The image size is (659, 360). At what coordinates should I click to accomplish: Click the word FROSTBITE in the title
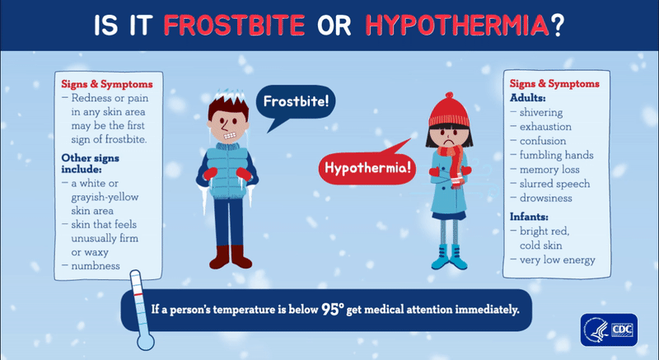click(x=234, y=26)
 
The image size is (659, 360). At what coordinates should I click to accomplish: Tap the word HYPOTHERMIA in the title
click(x=457, y=26)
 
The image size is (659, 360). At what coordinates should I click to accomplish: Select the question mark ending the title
click(x=557, y=26)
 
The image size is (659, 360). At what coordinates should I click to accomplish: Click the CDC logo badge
click(x=609, y=330)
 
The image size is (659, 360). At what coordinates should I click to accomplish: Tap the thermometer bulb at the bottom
click(x=146, y=342)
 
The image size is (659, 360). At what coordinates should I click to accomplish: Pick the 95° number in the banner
click(x=333, y=309)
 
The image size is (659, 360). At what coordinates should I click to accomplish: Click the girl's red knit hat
click(x=449, y=110)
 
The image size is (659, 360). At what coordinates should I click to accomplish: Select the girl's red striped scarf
click(x=454, y=165)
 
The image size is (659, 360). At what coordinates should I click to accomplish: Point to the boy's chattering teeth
click(x=230, y=136)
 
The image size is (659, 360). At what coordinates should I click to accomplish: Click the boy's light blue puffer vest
click(x=227, y=171)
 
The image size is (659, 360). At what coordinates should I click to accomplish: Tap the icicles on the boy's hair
click(x=229, y=96)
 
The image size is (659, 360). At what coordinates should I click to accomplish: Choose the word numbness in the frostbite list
click(x=96, y=266)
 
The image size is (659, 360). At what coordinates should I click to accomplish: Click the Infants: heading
click(x=529, y=217)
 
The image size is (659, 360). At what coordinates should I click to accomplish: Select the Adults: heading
click(x=527, y=98)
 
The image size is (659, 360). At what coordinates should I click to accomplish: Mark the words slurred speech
click(x=554, y=184)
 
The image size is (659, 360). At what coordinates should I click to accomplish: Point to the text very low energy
click(x=558, y=260)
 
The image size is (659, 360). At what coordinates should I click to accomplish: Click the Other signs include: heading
click(x=91, y=163)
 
